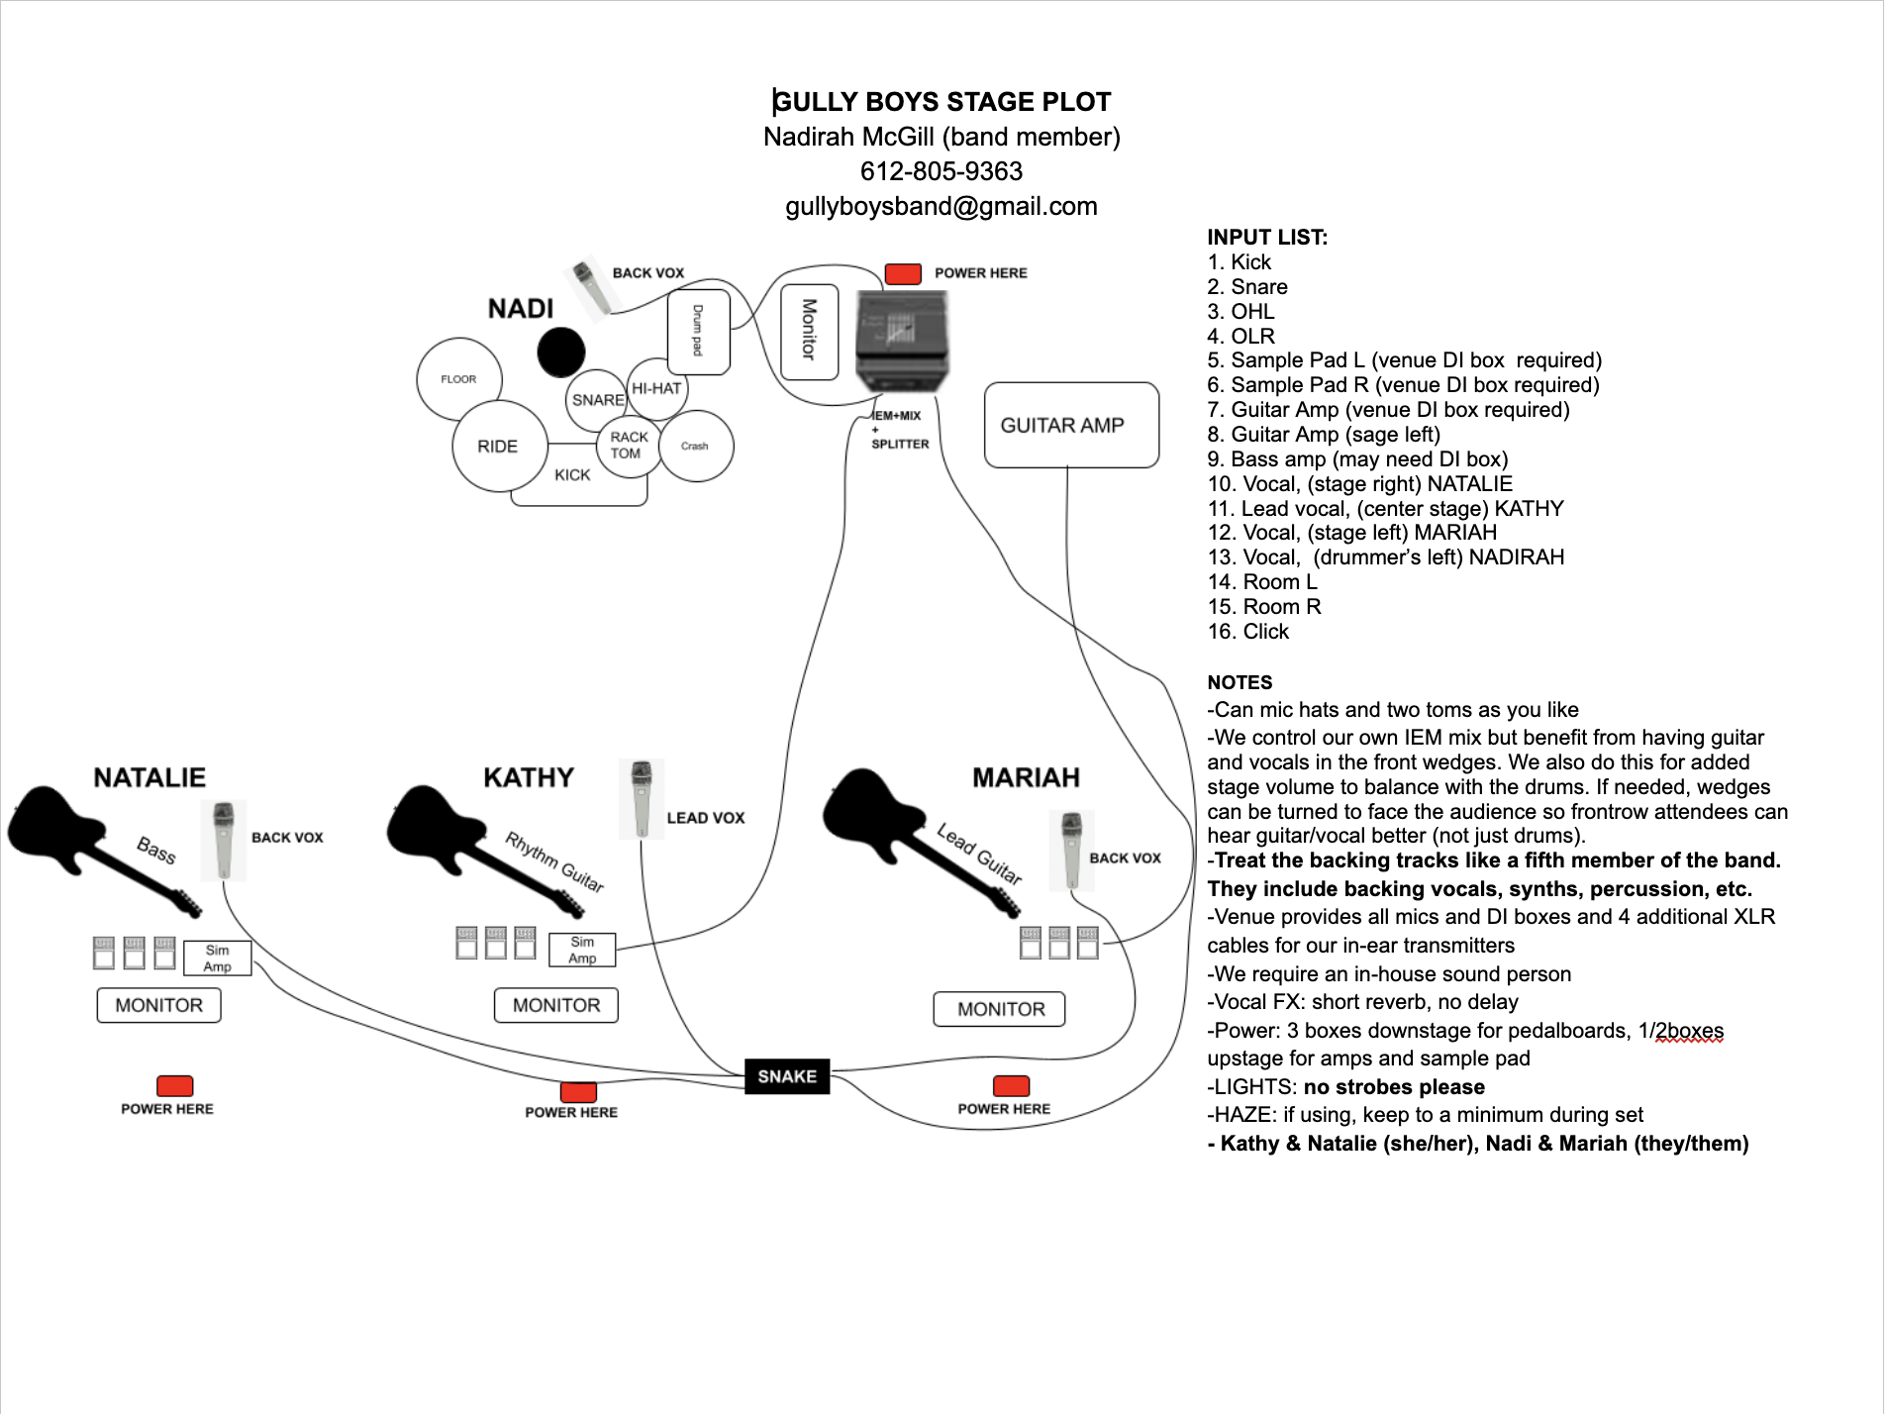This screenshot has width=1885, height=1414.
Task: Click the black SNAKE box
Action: [x=787, y=1076]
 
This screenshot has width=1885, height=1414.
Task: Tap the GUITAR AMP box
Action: [x=1071, y=425]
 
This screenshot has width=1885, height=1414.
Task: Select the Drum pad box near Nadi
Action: [x=699, y=332]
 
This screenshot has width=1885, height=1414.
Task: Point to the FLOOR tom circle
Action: [x=458, y=379]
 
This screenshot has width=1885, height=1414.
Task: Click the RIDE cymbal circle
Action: [x=498, y=447]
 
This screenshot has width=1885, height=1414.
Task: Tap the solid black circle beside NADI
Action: [x=561, y=353]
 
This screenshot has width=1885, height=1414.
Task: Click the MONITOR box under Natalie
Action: [x=158, y=1005]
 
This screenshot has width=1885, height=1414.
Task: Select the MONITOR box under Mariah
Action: [x=1000, y=1009]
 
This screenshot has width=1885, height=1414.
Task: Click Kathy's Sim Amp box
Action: [x=582, y=950]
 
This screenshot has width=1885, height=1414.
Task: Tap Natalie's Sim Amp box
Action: [x=218, y=959]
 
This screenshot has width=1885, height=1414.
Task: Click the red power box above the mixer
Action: [x=903, y=274]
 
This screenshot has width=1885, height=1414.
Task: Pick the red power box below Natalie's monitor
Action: [x=174, y=1085]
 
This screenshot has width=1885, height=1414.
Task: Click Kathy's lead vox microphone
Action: [x=642, y=798]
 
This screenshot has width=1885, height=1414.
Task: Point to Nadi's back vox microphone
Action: [x=591, y=289]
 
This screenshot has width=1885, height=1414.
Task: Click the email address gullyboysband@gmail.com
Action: [x=941, y=207]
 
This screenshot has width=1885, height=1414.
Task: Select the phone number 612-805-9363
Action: [x=941, y=171]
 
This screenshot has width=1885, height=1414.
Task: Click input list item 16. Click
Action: [x=1247, y=632]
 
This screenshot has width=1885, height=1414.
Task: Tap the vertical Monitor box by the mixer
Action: [x=809, y=332]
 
